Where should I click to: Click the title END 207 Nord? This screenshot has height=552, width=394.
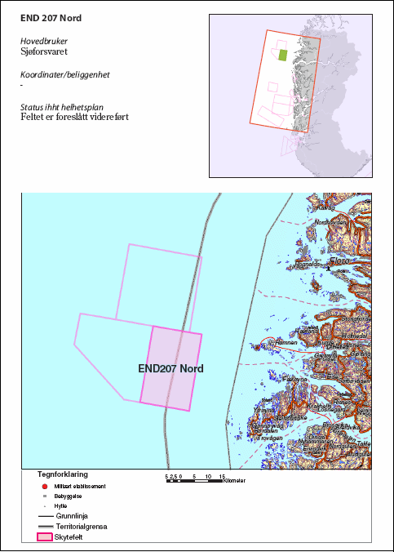point(51,17)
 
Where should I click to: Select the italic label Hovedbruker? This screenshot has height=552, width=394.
point(44,39)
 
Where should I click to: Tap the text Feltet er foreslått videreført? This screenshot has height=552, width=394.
point(74,118)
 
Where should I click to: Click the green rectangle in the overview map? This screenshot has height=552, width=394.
point(283,56)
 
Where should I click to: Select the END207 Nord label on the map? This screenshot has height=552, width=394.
point(170,368)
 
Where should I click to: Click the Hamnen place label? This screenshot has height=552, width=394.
point(287,343)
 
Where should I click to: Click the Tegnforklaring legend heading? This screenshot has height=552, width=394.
point(63,474)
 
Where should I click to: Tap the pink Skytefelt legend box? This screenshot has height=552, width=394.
point(46,538)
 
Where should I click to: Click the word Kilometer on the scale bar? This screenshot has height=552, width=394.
point(236,481)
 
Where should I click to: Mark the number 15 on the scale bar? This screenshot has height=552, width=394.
point(222,475)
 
